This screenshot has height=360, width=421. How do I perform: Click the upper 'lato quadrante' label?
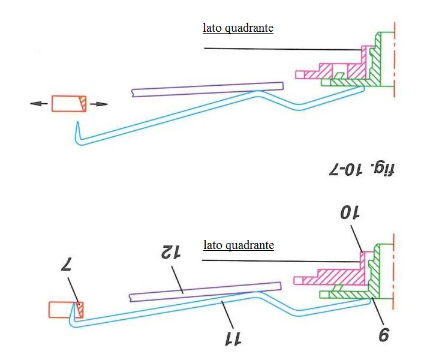point(238,28)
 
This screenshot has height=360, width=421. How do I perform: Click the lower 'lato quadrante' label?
point(238,245)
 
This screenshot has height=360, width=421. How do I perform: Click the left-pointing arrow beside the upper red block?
point(38,104)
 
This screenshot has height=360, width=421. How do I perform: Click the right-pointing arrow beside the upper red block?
point(100,104)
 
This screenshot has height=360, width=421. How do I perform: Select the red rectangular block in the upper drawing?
point(69,104)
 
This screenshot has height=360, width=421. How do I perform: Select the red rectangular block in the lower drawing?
point(65,309)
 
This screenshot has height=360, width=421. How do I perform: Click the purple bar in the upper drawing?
point(207,89)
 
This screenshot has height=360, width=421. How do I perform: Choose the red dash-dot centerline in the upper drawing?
point(393,60)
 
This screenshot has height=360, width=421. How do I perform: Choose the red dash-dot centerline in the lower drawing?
point(393,270)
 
